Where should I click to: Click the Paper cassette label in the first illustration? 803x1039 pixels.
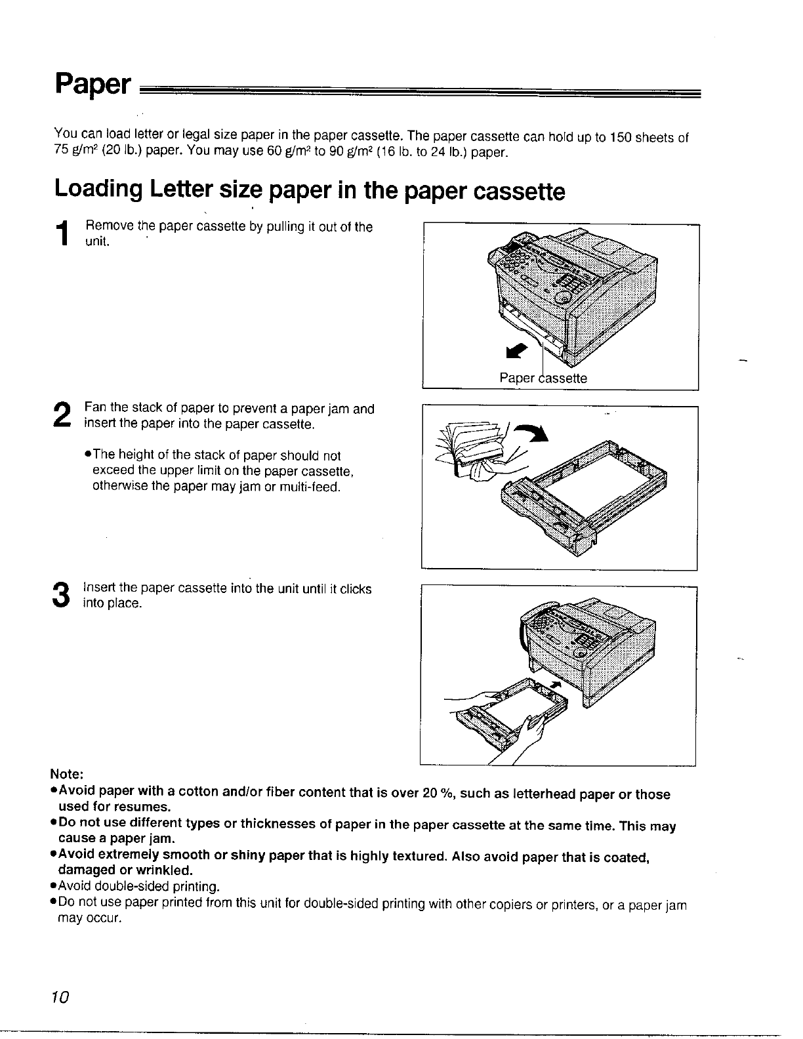pos(543,378)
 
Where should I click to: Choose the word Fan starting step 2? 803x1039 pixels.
pos(94,409)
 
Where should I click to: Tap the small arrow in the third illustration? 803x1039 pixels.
pos(556,685)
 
